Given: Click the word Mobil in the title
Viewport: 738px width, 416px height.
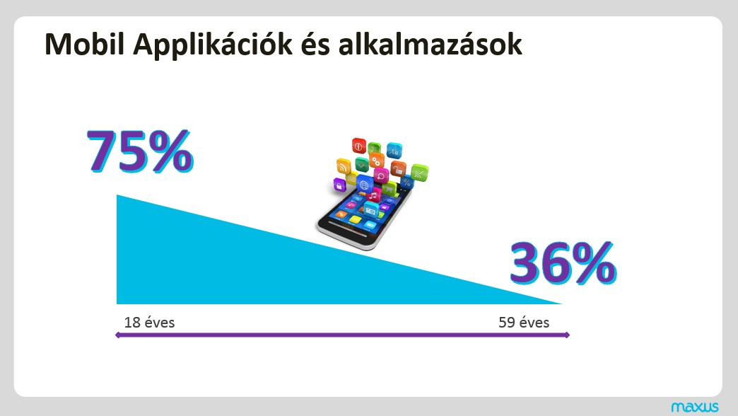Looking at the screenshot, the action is tap(85, 45).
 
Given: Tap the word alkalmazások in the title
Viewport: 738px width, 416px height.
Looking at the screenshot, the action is tap(430, 45).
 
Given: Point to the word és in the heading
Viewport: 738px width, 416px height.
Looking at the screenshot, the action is tap(315, 45).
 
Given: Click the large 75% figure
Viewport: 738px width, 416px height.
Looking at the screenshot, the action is tap(140, 151).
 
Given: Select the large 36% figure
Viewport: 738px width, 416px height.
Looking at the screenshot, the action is tap(563, 263).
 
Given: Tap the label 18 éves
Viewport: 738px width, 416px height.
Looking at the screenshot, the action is tap(149, 323).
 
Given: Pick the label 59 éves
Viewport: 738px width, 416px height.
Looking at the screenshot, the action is tap(524, 323).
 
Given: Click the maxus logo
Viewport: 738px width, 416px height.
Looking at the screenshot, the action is tap(695, 407).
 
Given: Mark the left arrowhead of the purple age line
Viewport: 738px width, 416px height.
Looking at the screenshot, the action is tap(117, 335).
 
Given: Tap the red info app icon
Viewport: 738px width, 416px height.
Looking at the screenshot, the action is tap(358, 146).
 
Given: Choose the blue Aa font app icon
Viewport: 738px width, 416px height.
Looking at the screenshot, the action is tap(394, 150).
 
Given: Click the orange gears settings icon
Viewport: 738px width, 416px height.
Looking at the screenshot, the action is tap(376, 161).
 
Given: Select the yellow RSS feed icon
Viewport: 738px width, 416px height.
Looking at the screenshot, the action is tap(344, 167).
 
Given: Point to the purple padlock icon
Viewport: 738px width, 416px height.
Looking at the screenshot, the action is tap(340, 185).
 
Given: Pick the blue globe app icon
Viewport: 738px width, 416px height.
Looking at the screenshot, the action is tap(364, 184).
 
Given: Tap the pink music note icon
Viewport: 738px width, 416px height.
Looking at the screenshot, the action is tap(373, 195).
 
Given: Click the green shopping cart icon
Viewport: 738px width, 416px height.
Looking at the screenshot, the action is tap(389, 189).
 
